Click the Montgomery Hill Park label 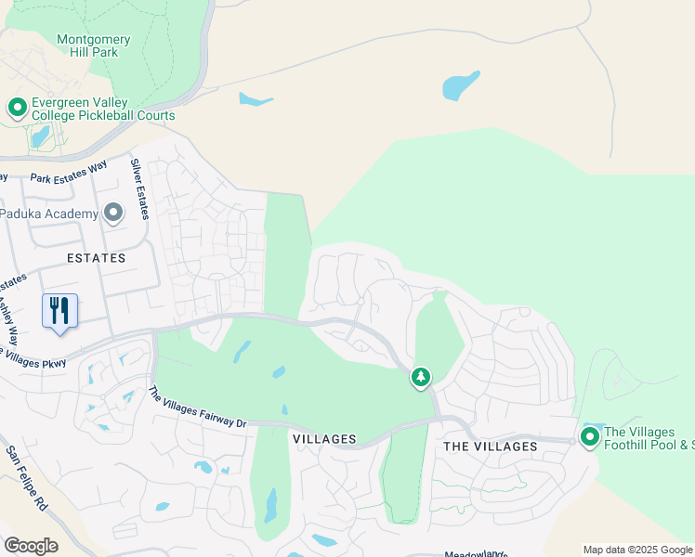coord(94,46)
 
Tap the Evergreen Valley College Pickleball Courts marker coord(17,108)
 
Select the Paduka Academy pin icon coord(113,214)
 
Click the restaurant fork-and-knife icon coord(59,310)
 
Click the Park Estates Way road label coord(69,172)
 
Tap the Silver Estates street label coord(140,188)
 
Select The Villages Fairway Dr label coord(197,408)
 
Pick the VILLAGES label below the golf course coord(324,438)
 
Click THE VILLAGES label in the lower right coord(490,447)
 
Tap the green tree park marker coord(421,377)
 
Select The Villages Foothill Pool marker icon coord(589,436)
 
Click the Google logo coord(31,546)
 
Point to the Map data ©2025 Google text coord(637,550)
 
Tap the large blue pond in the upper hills coord(461,85)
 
